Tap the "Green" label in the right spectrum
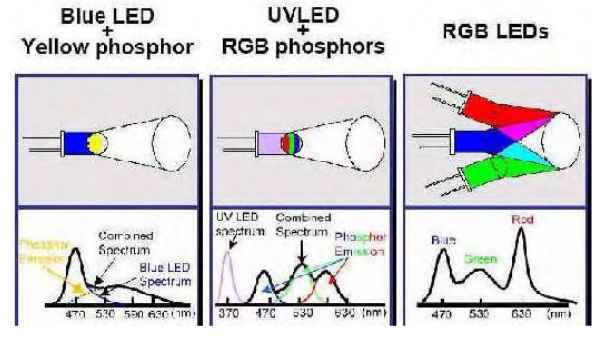[x=483, y=256]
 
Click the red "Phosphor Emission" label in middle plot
[x=361, y=243]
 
